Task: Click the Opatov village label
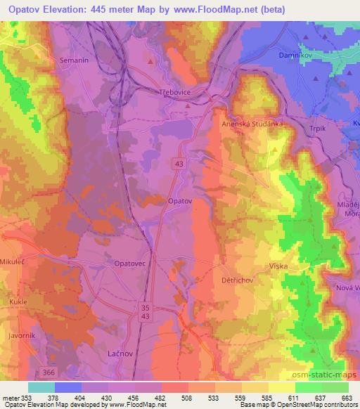(180, 201)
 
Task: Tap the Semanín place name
(75, 60)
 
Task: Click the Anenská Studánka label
(252, 124)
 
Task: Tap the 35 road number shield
(146, 307)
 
